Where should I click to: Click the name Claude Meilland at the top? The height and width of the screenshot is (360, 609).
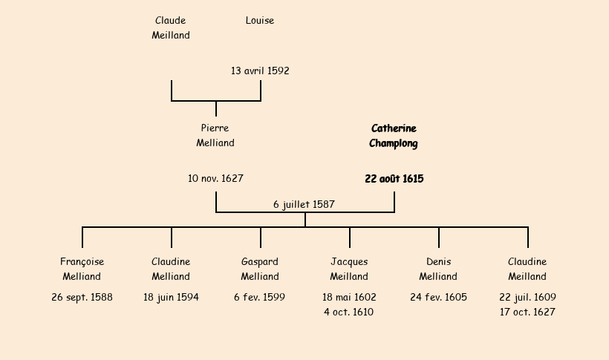(171, 27)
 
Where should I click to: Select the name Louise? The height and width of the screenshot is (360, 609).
(260, 20)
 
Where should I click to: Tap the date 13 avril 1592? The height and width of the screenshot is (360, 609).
(260, 71)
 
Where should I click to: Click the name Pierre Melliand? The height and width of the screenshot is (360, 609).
(215, 135)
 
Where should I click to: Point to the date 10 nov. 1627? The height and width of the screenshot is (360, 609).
(215, 178)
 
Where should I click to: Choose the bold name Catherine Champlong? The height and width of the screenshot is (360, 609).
(394, 136)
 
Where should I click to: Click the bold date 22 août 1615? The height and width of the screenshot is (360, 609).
(394, 179)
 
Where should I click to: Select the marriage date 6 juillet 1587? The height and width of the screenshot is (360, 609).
(304, 204)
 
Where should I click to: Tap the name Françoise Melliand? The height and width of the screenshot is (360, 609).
(82, 269)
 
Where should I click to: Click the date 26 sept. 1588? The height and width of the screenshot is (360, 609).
(82, 297)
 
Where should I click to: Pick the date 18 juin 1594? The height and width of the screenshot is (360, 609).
(171, 297)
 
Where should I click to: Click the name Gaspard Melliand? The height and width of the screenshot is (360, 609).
(260, 269)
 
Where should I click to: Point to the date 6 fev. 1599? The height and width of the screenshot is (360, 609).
(260, 297)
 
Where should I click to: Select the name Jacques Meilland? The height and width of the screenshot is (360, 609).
(349, 269)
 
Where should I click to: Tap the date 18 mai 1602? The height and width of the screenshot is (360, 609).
(349, 297)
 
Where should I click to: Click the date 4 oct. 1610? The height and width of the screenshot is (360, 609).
(349, 312)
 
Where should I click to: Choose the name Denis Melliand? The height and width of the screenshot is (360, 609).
(438, 269)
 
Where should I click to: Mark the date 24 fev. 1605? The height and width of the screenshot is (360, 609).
(438, 297)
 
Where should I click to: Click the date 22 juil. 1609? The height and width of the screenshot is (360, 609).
(527, 297)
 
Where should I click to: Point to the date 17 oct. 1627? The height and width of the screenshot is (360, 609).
(527, 312)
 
